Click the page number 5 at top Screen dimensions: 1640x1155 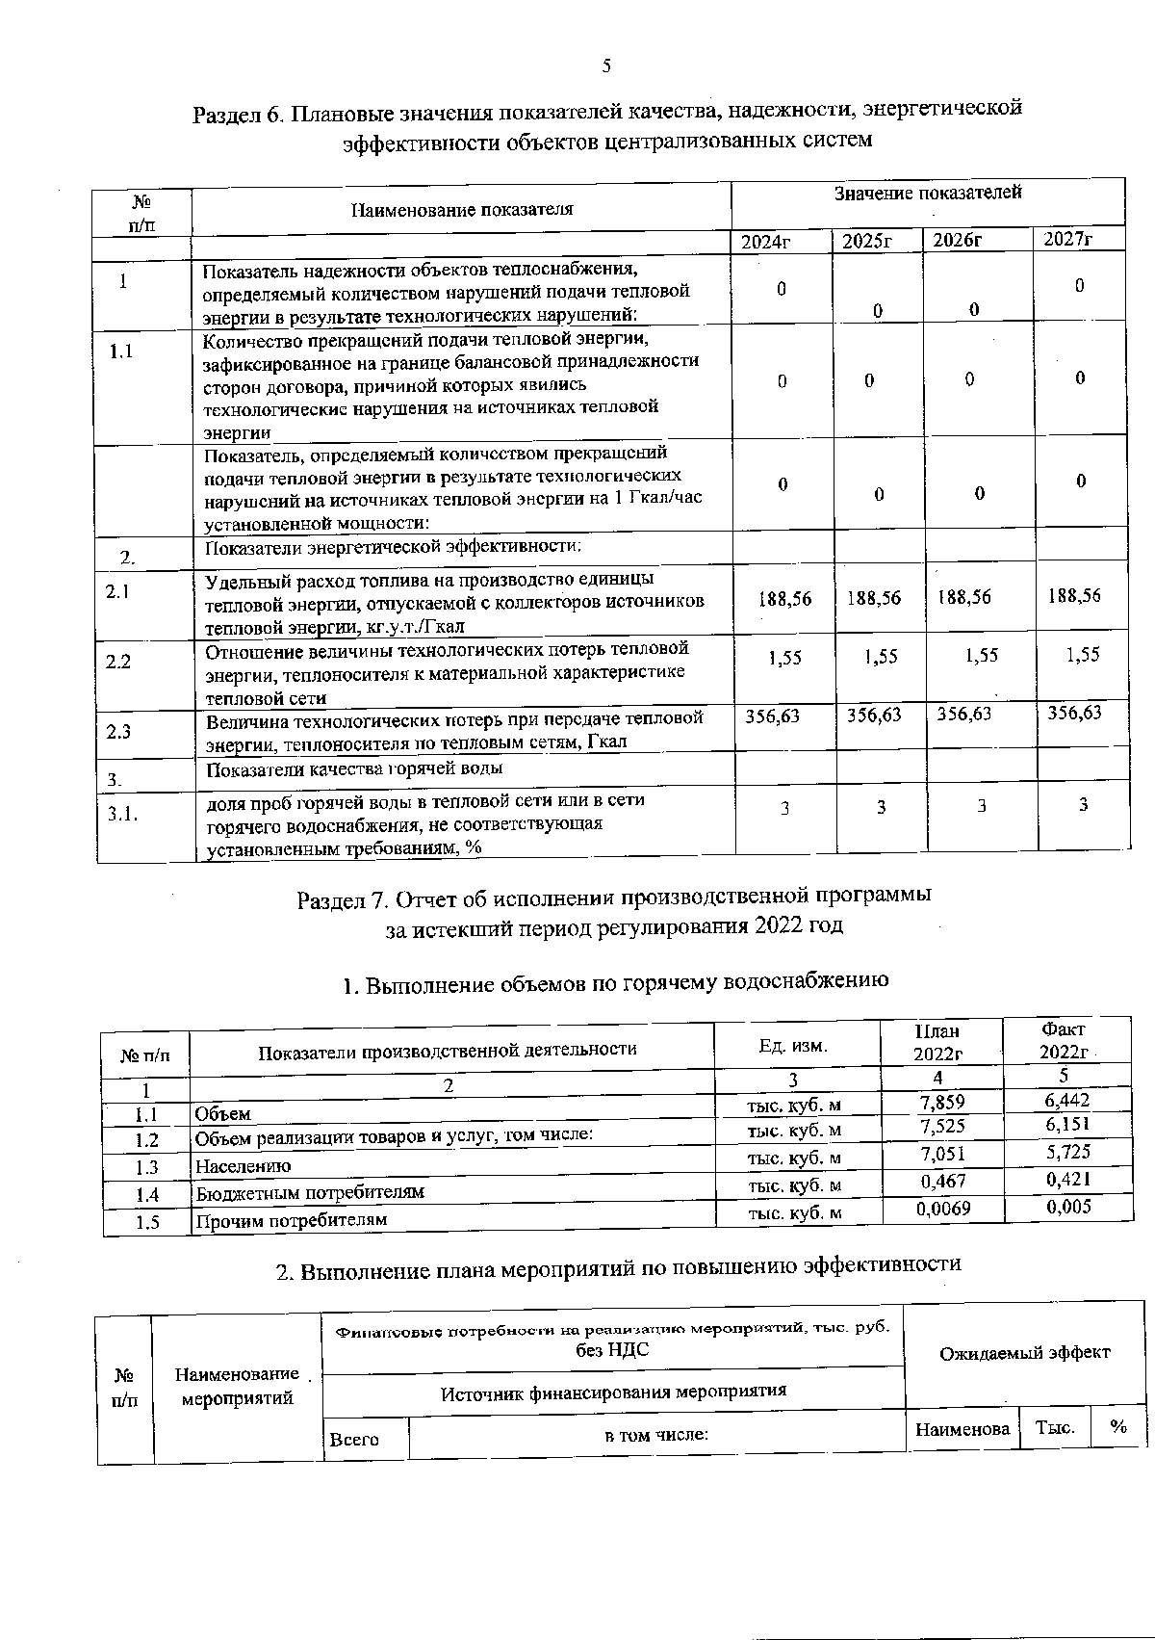pyautogui.click(x=606, y=65)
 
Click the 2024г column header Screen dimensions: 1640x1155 pyautogui.click(x=765, y=242)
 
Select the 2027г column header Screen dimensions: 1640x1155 pyautogui.click(x=1069, y=239)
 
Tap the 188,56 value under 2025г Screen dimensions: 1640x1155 pyautogui.click(x=874, y=598)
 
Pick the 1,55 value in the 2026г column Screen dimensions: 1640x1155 pyautogui.click(x=982, y=655)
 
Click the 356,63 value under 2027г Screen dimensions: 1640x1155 pyautogui.click(x=1074, y=713)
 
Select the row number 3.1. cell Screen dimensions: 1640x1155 pyautogui.click(x=123, y=813)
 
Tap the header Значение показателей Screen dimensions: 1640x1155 pyautogui.click(x=927, y=193)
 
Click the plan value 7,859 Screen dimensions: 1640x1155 pyautogui.click(x=942, y=1103)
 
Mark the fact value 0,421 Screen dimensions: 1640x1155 pyautogui.click(x=1068, y=1179)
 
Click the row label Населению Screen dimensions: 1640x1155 pyautogui.click(x=243, y=1166)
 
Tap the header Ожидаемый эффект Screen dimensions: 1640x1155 pyautogui.click(x=1024, y=1352)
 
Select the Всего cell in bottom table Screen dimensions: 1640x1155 pyautogui.click(x=354, y=1439)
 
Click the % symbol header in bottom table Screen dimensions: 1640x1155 pyautogui.click(x=1117, y=1427)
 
